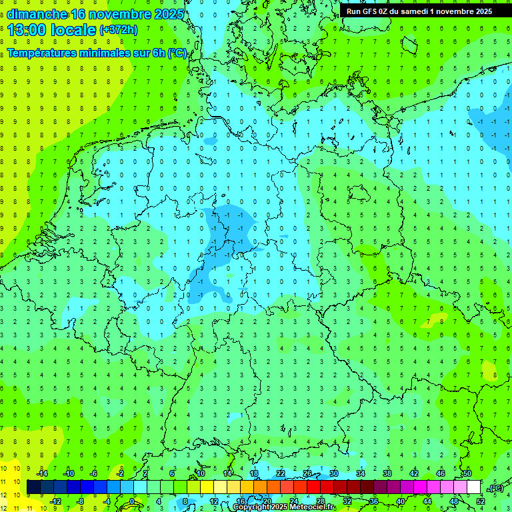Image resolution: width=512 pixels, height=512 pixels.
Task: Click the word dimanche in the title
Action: coord(37,14)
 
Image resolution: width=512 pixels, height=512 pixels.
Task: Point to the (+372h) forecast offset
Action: coord(119,30)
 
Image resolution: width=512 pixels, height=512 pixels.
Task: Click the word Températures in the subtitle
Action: coord(46,53)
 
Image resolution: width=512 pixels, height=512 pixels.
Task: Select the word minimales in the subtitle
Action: coord(114,53)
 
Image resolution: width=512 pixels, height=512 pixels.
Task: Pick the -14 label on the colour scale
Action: coord(42,473)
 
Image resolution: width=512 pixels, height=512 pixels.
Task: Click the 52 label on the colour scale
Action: coord(480,501)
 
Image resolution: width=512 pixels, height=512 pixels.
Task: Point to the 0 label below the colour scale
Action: coord(132,501)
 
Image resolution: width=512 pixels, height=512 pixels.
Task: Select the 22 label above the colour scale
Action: coord(281,473)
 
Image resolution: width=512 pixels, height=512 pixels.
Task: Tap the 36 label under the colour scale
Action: coord(373,501)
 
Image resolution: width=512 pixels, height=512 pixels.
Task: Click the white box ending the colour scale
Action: coord(474,487)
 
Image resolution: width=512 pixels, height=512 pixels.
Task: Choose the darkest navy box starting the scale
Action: coord(33,487)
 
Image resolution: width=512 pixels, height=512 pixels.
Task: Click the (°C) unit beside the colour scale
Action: coord(496,488)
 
